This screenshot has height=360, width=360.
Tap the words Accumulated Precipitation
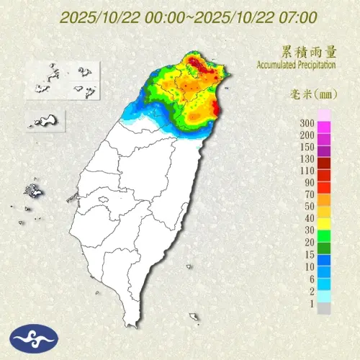coord(295,65)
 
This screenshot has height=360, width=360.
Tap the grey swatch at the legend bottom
coord(324,308)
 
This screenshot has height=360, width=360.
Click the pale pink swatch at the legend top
coord(324,114)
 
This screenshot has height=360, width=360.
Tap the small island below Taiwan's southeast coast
coord(193,317)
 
